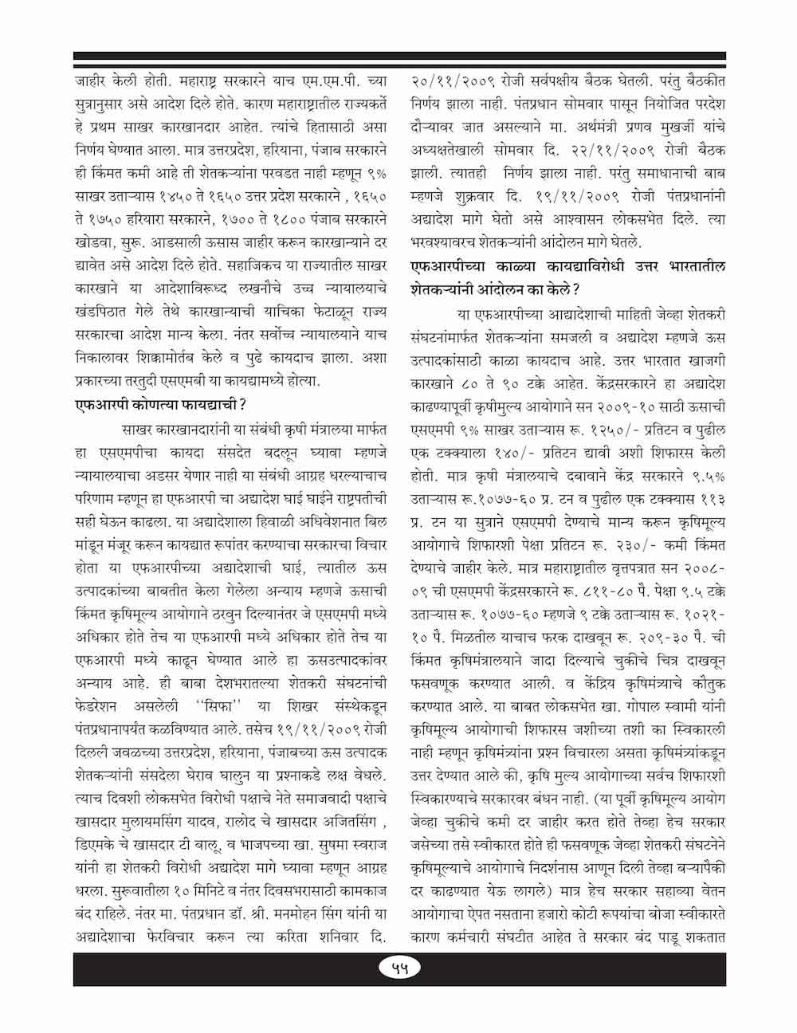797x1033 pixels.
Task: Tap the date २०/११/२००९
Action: [x=453, y=81]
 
